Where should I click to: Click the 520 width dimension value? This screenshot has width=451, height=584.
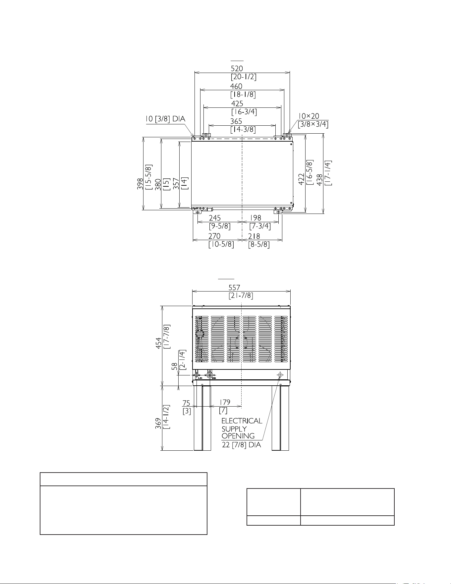click(237, 68)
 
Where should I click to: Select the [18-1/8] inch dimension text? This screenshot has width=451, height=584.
click(243, 95)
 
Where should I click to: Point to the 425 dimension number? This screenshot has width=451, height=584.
click(237, 104)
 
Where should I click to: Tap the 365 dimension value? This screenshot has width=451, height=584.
click(236, 122)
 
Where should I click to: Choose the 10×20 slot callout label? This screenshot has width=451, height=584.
click(309, 116)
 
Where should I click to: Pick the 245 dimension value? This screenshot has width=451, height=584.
click(215, 218)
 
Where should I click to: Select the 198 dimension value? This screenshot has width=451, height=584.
click(255, 218)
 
